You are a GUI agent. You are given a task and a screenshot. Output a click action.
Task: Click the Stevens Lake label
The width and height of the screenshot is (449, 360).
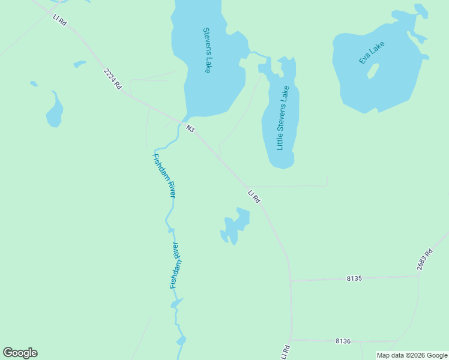pyautogui.click(x=206, y=50)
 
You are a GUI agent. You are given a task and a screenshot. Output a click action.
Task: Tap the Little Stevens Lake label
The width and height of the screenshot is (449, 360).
pyautogui.click(x=283, y=118)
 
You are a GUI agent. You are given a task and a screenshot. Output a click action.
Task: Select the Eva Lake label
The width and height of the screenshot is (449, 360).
pyautogui.click(x=372, y=53)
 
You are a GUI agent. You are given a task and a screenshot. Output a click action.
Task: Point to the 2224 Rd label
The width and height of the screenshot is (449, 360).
pyautogui.click(x=112, y=79)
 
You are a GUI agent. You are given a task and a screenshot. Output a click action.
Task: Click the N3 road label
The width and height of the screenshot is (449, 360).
pyautogui.click(x=191, y=128)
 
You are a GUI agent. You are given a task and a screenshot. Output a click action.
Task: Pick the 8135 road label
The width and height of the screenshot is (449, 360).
pyautogui.click(x=355, y=278)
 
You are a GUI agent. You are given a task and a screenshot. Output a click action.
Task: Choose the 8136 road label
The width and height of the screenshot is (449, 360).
pyautogui.click(x=343, y=341)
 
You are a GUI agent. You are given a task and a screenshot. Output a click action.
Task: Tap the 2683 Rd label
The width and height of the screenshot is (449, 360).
pyautogui.click(x=424, y=260)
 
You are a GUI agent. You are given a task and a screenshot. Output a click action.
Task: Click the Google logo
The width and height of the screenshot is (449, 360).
pyautogui.click(x=20, y=353)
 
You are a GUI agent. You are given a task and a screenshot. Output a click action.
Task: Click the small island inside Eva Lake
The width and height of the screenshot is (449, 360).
pyautogui.click(x=373, y=71)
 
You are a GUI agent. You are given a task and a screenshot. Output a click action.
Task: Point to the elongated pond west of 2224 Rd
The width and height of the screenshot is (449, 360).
pyautogui.click(x=55, y=110)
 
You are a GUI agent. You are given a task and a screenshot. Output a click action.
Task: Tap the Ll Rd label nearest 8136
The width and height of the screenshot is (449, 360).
pyautogui.click(x=285, y=352)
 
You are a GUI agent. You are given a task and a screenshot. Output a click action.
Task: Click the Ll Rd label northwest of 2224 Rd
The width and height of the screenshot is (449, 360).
pyautogui.click(x=59, y=20)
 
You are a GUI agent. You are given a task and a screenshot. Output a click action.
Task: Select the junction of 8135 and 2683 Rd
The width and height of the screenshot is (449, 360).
pyautogui.click(x=418, y=276)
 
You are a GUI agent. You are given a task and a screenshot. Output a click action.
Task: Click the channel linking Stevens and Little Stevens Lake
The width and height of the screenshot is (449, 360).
pyautogui.click(x=259, y=56)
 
